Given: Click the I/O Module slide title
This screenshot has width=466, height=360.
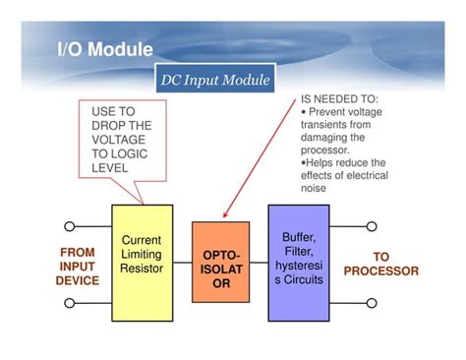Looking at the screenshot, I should click(104, 49).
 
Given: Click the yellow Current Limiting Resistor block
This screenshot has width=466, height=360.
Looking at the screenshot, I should click(142, 262).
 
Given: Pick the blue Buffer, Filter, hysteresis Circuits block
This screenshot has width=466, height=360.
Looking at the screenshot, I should click(298, 262).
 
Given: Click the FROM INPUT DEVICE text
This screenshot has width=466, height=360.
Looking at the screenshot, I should click(77, 267).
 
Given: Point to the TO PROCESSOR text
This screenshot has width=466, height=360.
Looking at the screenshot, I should click(380, 264).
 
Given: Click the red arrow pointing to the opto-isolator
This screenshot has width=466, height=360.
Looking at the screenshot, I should click(262, 157).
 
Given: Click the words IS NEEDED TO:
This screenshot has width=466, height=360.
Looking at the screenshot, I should click(339, 100).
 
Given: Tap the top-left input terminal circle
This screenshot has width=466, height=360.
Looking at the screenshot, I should click(69, 226).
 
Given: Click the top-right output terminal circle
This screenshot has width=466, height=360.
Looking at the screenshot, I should click(372, 226).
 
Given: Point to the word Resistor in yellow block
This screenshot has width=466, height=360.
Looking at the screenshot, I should click(142, 269).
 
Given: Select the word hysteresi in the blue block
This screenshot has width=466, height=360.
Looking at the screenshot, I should click(298, 266).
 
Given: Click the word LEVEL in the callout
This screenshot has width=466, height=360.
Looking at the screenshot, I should click(110, 168).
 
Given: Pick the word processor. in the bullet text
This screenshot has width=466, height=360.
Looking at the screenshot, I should click(325, 150).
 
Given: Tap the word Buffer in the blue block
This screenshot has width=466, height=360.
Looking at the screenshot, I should click(298, 237).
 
